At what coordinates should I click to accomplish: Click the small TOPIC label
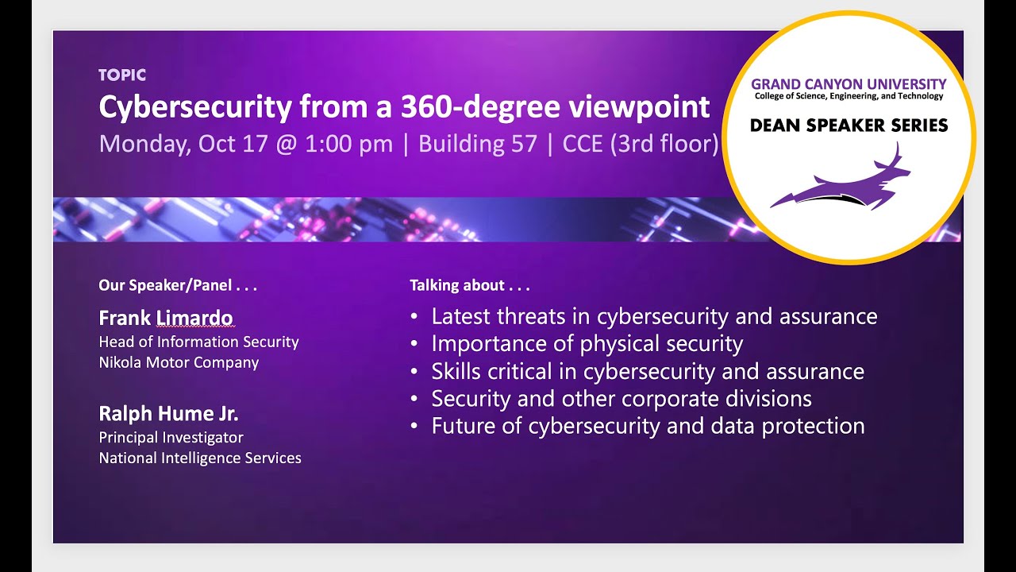(x=122, y=75)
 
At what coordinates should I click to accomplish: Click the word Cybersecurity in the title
(x=195, y=106)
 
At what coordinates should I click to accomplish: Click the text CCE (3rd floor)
(x=640, y=144)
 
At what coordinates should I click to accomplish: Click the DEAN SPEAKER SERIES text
(x=849, y=126)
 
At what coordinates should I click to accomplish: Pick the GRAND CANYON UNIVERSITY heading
(x=849, y=83)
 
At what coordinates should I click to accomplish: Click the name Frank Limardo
(x=165, y=319)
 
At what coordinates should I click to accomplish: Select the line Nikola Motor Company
(x=179, y=363)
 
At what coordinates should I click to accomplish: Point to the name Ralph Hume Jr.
(x=168, y=414)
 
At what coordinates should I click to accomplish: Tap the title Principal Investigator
(x=171, y=438)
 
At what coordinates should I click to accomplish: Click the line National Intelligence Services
(x=200, y=458)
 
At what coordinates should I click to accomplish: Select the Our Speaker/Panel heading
(x=178, y=285)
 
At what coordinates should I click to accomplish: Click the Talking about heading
(x=469, y=285)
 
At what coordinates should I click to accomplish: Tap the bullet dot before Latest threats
(x=414, y=317)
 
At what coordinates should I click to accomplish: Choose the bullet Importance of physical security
(x=587, y=344)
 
